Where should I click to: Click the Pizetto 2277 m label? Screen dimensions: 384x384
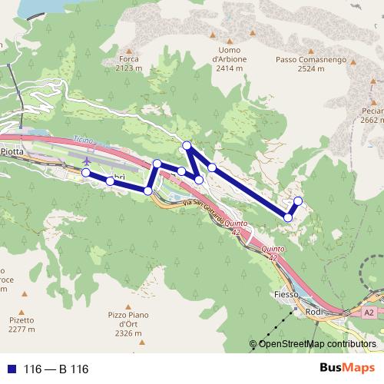click(x=22, y=324)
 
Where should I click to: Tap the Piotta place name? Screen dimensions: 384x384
click(x=13, y=152)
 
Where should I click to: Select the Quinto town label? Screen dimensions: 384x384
click(x=273, y=250)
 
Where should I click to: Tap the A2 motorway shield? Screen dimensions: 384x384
click(x=369, y=313)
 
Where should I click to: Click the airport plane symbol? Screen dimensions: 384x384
click(x=87, y=161)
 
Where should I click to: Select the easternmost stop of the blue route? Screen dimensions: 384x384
click(x=298, y=201)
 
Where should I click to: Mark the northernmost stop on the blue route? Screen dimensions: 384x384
click(x=186, y=146)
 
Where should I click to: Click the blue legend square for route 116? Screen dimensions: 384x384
click(x=12, y=369)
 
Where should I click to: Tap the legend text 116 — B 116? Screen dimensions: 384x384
click(x=56, y=369)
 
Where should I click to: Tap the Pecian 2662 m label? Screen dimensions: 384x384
click(x=372, y=115)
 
